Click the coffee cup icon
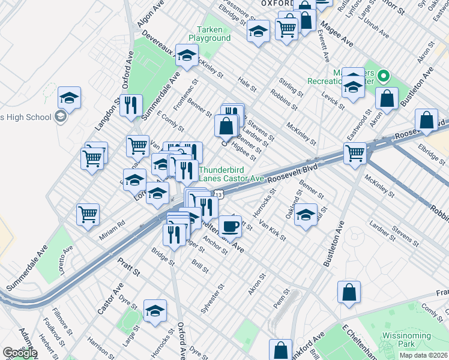point(230,226)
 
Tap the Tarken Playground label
point(209,34)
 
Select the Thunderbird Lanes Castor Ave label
point(232,174)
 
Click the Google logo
point(20,353)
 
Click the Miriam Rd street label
point(112,224)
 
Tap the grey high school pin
point(59,117)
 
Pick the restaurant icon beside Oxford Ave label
point(131,105)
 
